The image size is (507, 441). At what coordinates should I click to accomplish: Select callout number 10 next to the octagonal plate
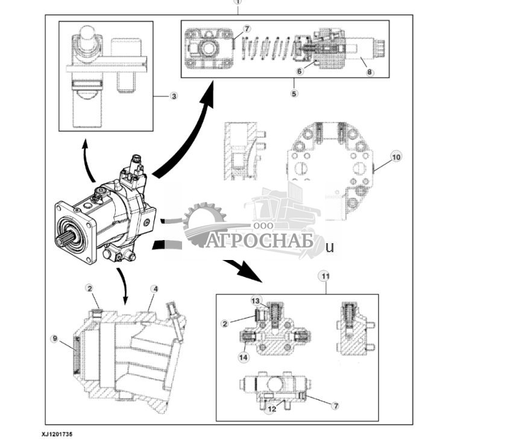(395, 157)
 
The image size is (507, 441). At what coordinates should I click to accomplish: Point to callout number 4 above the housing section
(155, 290)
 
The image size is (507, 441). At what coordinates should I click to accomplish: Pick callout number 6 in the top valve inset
(299, 71)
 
